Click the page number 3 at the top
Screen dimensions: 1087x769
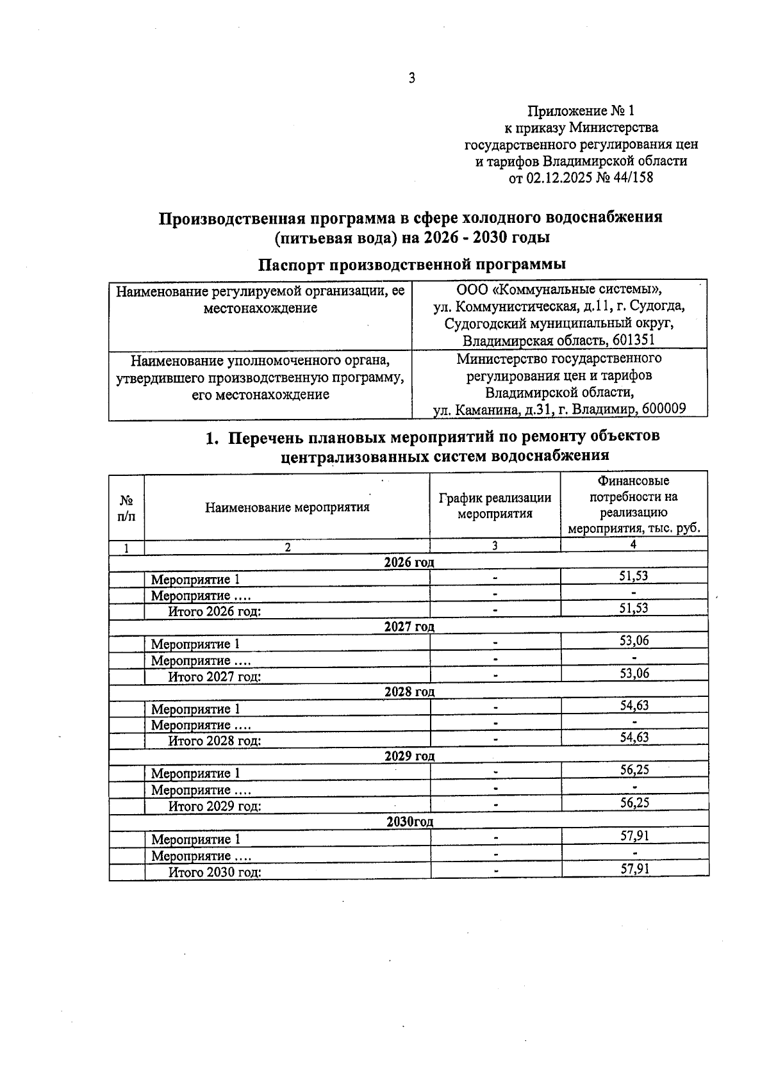click(x=411, y=78)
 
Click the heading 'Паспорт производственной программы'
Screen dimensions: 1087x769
click(x=411, y=264)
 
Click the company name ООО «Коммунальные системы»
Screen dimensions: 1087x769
click(x=559, y=289)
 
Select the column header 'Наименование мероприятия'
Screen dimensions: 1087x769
click(x=287, y=507)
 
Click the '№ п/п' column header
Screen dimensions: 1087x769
click(x=126, y=507)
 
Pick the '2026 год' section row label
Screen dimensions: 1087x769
click(x=409, y=562)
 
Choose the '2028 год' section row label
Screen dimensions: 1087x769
click(x=409, y=692)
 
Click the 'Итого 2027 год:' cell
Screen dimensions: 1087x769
click(x=214, y=676)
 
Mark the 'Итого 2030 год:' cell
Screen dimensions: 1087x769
click(x=214, y=872)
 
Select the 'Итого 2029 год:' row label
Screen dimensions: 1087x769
click(x=214, y=806)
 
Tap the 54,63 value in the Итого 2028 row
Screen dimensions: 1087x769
click(x=634, y=737)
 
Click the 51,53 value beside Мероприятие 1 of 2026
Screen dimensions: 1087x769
click(x=633, y=576)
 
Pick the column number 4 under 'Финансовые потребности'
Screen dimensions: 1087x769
click(x=633, y=544)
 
